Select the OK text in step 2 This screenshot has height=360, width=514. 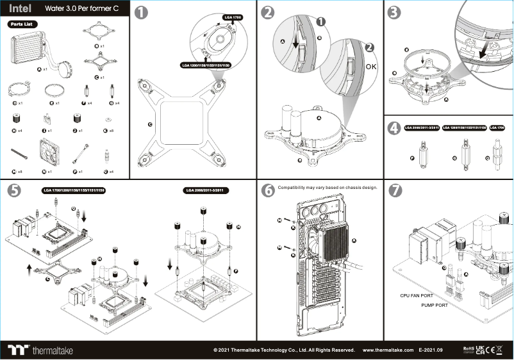click(372, 66)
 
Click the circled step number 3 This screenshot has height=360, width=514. click(395, 12)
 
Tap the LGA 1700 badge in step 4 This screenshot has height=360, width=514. click(497, 128)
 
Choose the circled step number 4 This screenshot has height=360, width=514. click(395, 129)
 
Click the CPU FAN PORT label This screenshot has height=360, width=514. click(417, 296)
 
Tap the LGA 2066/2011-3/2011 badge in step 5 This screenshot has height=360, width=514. click(206, 190)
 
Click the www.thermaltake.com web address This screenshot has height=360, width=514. click(388, 350)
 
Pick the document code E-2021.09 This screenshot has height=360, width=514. click(431, 350)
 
